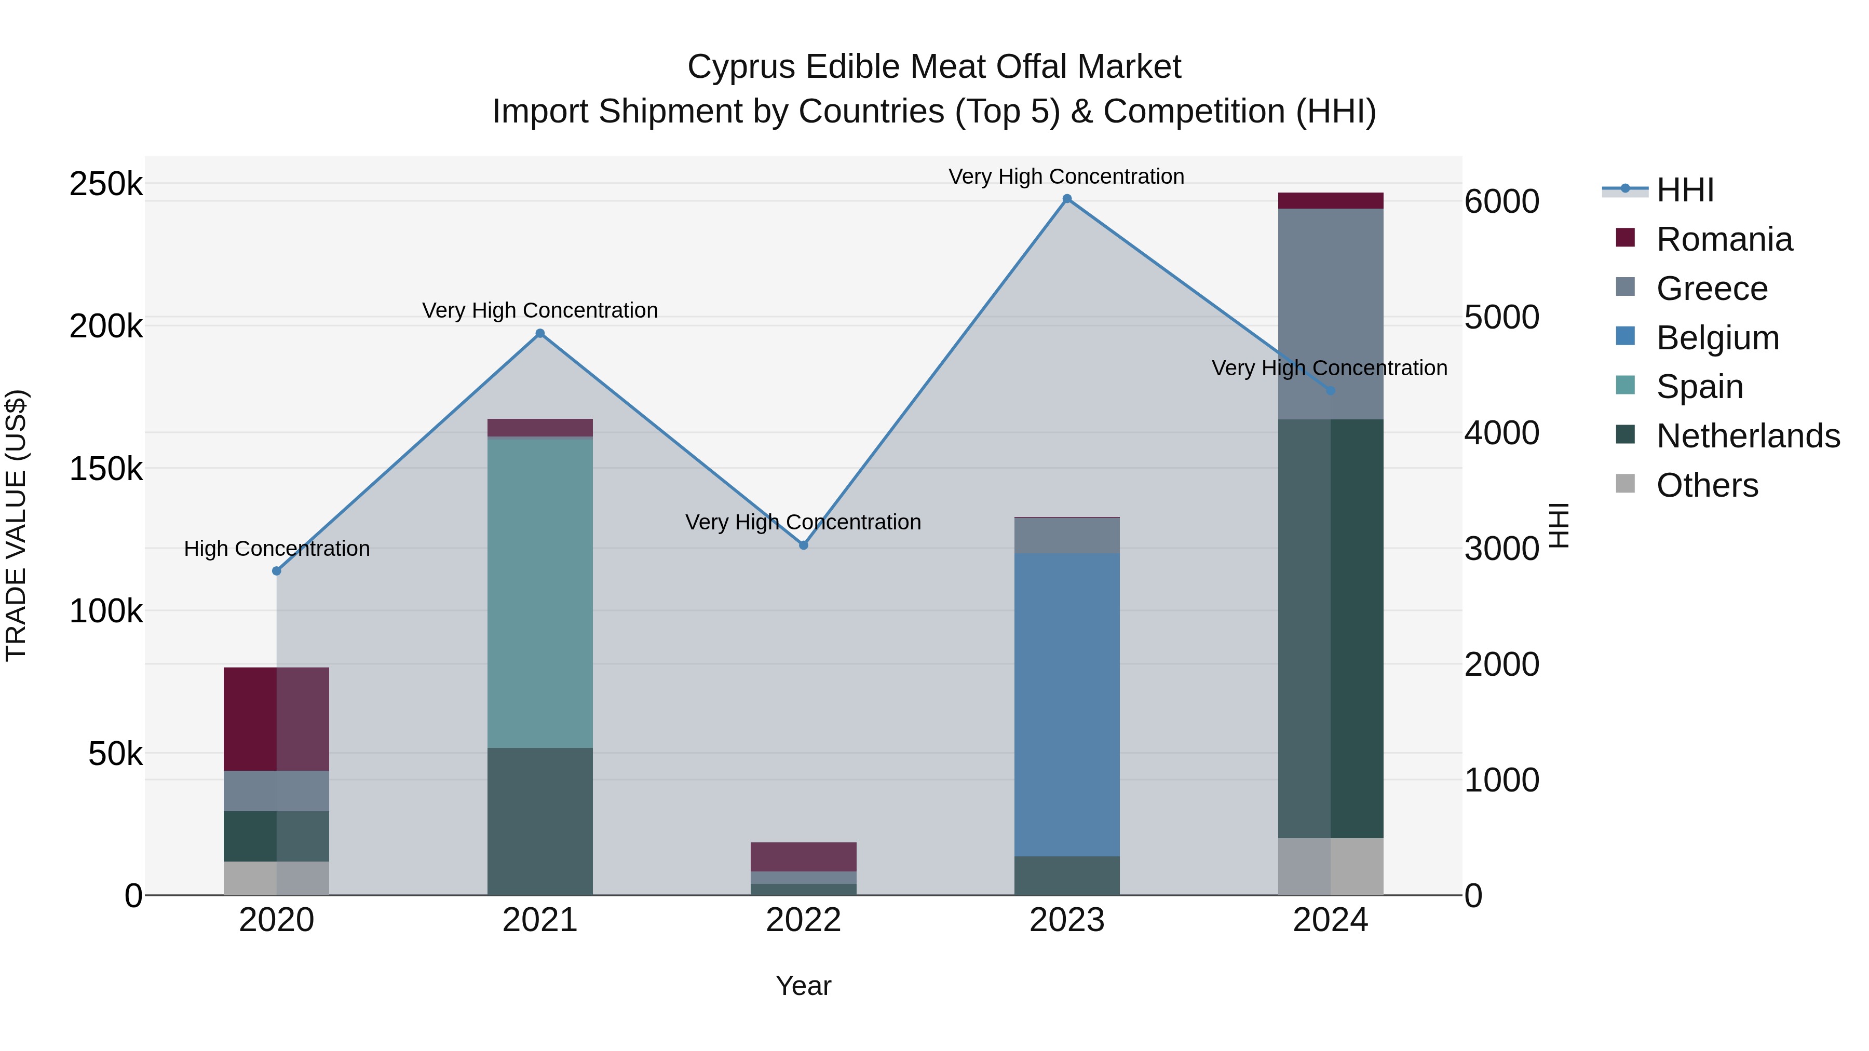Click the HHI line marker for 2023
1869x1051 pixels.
click(x=1066, y=199)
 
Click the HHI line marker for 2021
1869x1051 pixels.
click(x=540, y=334)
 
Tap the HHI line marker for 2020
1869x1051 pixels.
click(x=276, y=571)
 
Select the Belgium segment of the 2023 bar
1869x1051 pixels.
click(x=1066, y=704)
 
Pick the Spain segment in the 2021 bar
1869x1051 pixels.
click(x=540, y=593)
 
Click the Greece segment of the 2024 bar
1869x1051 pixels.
click(x=1330, y=313)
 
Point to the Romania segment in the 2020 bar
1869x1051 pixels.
click(x=276, y=719)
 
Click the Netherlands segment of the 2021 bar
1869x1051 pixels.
click(x=540, y=821)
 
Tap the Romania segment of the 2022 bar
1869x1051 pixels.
click(x=803, y=856)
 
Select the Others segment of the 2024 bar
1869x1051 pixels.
click(x=1330, y=866)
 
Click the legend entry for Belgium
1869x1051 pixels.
click(x=1717, y=338)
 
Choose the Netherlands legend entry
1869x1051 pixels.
click(x=1747, y=436)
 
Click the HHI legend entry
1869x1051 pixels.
click(x=1684, y=190)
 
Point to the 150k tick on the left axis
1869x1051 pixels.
click(x=106, y=469)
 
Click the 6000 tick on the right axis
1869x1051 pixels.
click(x=1501, y=202)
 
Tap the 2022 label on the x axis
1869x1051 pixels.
click(x=803, y=920)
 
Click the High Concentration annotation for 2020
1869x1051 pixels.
click(x=276, y=549)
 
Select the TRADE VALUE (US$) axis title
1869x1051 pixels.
click(x=16, y=525)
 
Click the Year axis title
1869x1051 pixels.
click(x=803, y=986)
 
